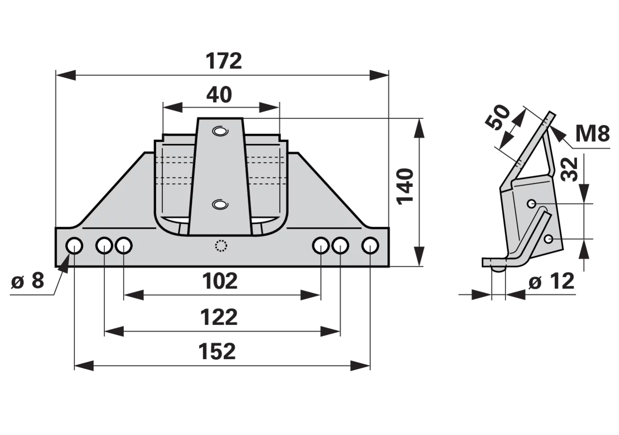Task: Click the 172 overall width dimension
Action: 224,61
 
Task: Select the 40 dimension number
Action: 219,95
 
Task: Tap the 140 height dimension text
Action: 405,187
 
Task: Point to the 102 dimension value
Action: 220,281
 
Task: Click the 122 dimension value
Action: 219,317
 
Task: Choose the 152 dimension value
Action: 217,351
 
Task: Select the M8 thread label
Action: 592,133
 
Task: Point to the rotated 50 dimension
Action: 498,117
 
